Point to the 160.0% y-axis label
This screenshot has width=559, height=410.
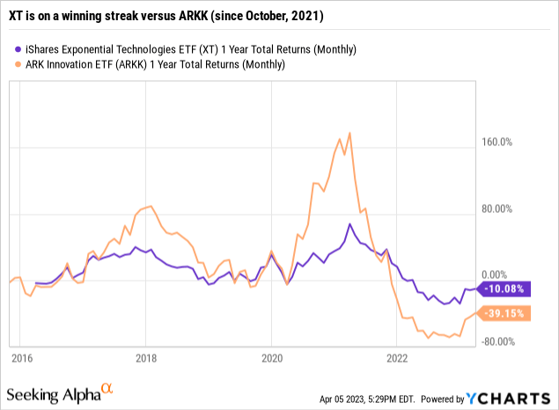click(505, 143)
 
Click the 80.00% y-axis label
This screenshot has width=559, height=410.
click(505, 209)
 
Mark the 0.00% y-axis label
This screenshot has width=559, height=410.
click(505, 275)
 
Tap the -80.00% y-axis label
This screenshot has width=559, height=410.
click(505, 341)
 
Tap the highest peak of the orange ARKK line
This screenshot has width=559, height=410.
click(349, 133)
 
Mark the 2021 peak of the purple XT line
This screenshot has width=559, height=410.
click(349, 224)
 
